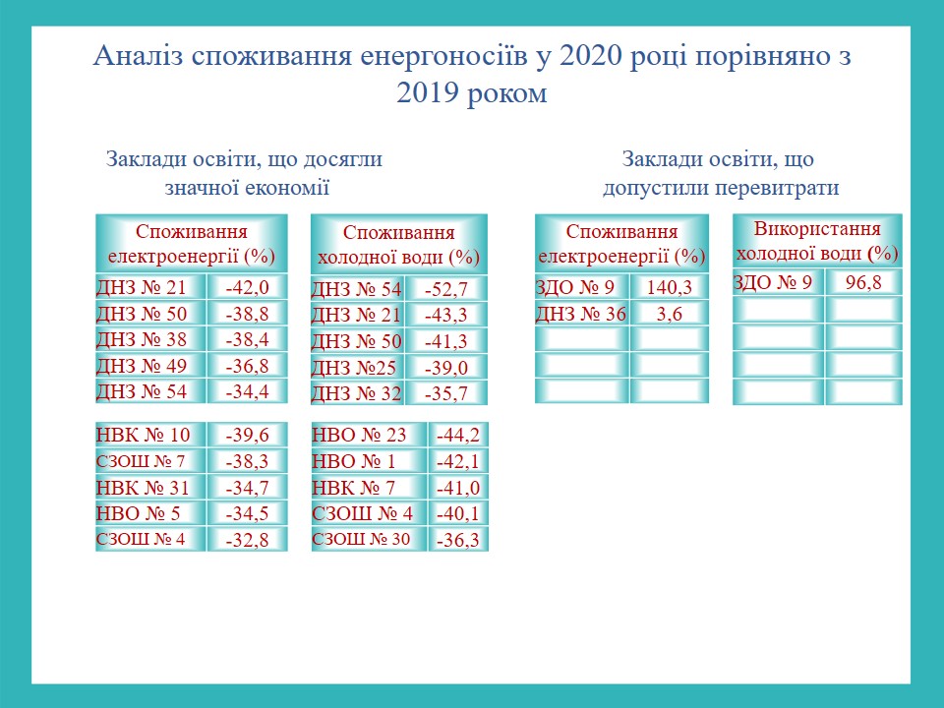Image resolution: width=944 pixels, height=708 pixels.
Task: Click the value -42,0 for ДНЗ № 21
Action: (x=247, y=287)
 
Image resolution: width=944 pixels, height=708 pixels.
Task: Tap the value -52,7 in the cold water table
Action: (x=446, y=289)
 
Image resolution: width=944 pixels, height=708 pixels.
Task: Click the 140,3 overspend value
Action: (x=670, y=287)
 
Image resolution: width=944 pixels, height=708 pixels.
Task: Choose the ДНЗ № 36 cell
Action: (x=581, y=314)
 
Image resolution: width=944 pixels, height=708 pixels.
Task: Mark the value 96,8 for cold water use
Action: (x=863, y=282)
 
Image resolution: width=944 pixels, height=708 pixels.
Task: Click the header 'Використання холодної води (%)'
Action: (x=817, y=241)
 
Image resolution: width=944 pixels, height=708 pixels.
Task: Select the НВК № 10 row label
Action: (x=144, y=435)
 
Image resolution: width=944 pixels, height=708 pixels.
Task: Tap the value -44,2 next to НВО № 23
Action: (x=458, y=435)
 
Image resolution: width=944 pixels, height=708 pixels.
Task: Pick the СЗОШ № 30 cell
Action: (x=361, y=539)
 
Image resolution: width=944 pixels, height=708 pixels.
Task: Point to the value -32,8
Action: (x=247, y=540)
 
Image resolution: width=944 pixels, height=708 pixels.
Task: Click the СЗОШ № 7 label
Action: (x=141, y=461)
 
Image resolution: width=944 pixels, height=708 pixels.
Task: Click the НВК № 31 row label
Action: (x=143, y=487)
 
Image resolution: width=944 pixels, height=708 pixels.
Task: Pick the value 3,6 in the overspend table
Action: (x=670, y=314)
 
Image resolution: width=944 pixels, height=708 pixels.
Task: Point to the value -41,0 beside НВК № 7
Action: (x=458, y=487)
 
